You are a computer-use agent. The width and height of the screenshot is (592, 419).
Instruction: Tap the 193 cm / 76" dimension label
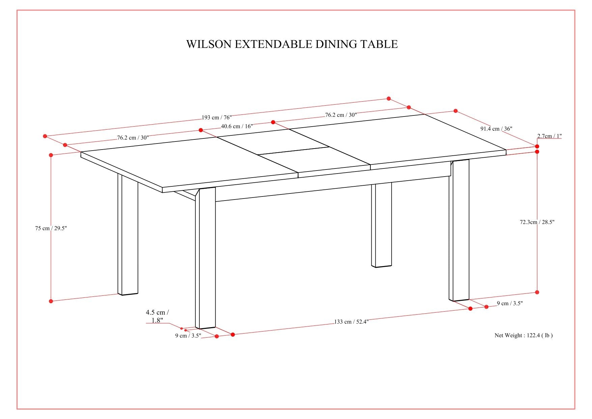(217, 117)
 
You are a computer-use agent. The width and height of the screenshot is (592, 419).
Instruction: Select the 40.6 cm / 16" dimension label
(237, 126)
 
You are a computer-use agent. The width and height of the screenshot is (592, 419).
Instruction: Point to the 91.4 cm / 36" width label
(496, 129)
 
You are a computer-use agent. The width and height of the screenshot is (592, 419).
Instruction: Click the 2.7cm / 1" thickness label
(549, 136)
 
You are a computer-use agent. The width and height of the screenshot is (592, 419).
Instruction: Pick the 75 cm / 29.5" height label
(51, 228)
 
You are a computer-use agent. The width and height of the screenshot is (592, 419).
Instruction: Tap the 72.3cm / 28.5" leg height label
(537, 222)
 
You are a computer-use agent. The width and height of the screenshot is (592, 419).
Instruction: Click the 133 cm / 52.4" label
(351, 321)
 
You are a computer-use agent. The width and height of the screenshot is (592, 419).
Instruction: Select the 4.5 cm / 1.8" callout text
(157, 316)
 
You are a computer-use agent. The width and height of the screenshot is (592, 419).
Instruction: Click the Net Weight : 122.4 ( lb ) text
(524, 335)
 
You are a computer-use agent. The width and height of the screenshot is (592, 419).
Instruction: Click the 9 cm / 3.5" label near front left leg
(188, 336)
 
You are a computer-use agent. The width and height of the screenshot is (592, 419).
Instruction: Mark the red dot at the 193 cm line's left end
(45, 136)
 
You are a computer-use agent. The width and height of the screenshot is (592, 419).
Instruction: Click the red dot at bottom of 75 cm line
(51, 301)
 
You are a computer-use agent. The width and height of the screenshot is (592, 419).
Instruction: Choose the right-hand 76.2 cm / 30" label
(341, 115)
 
